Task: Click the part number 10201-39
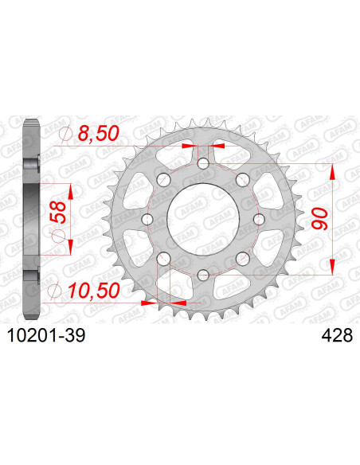click(46, 335)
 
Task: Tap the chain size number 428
click(337, 335)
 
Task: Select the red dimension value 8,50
click(98, 133)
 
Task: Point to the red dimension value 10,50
click(94, 290)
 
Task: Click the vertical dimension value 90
click(319, 219)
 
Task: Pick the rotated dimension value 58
click(57, 212)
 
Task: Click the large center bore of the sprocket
click(203, 219)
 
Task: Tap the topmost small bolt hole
click(203, 163)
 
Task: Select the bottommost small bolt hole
click(203, 275)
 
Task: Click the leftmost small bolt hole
click(147, 219)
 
